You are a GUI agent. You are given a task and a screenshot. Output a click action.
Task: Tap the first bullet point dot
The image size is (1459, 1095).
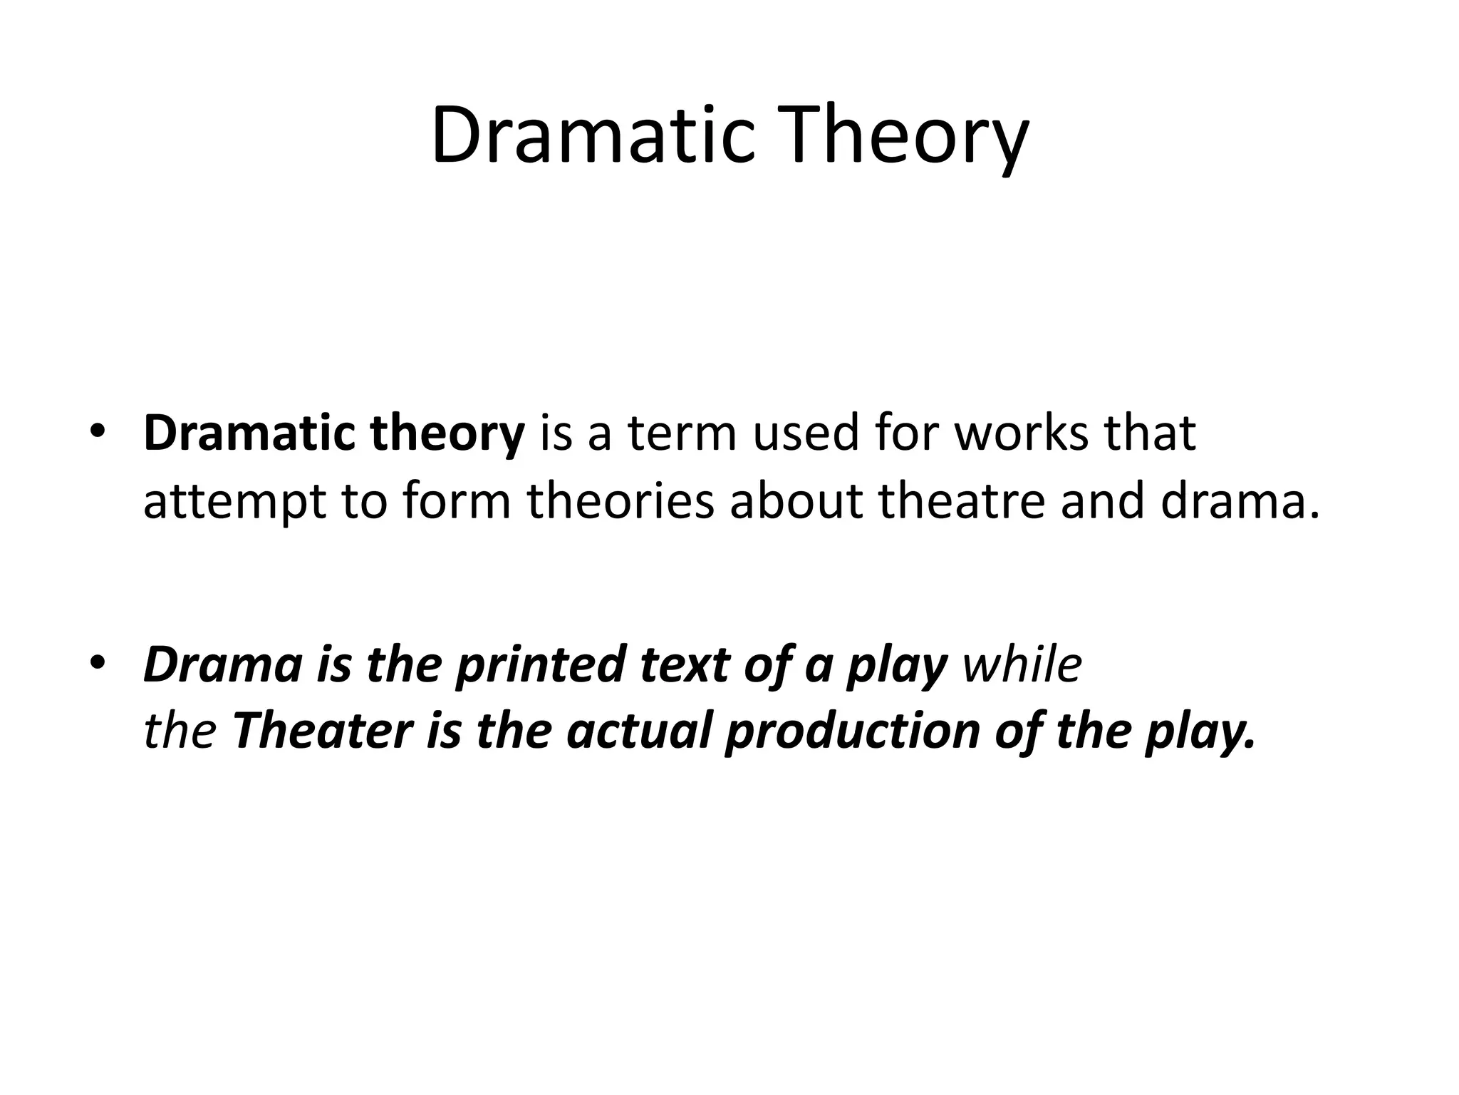click(x=98, y=432)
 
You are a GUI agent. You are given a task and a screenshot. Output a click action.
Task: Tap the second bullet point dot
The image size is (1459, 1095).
click(x=98, y=663)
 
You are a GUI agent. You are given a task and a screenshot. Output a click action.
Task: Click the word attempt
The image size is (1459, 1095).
click(x=234, y=501)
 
